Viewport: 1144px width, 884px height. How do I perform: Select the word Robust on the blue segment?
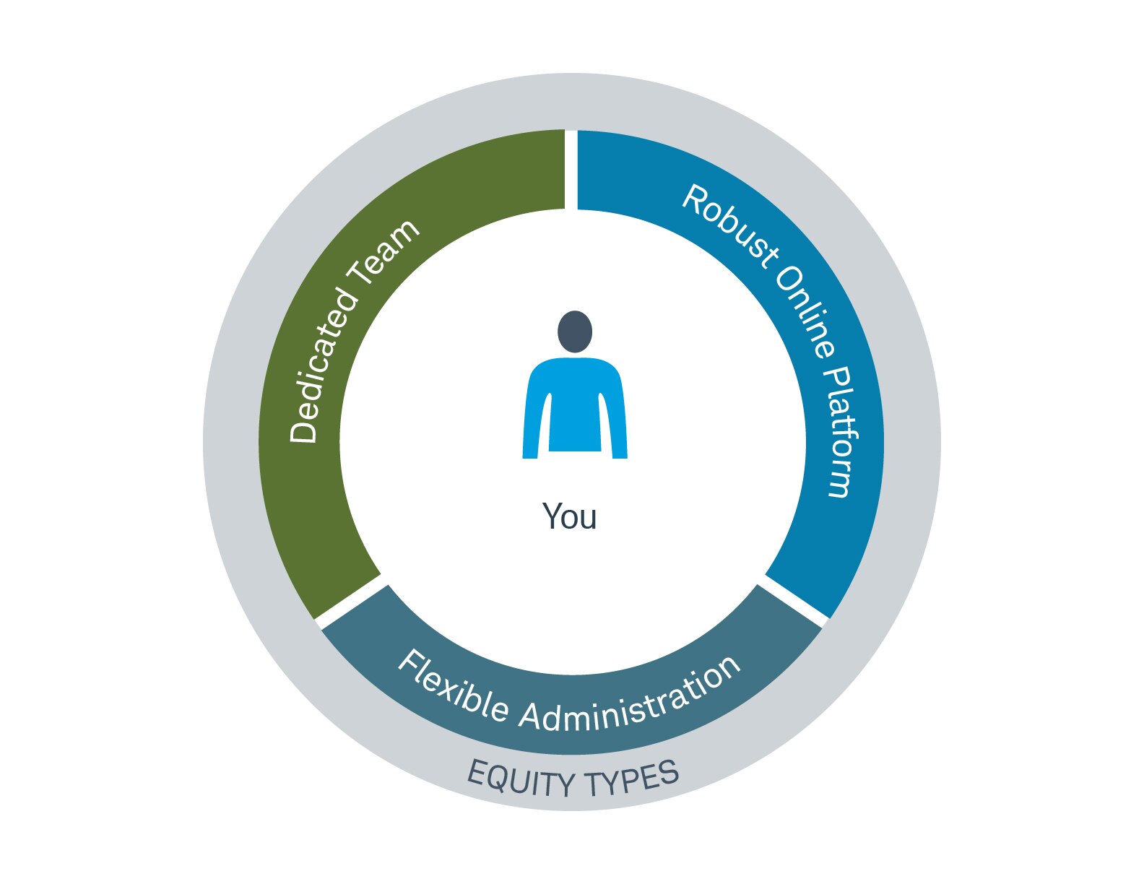tap(729, 225)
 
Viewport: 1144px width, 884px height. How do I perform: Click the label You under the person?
tap(569, 516)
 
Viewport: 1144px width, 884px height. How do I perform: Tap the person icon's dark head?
tap(574, 331)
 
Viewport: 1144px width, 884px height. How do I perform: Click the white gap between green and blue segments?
tap(571, 170)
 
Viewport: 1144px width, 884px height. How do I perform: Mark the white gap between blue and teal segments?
tap(794, 601)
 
